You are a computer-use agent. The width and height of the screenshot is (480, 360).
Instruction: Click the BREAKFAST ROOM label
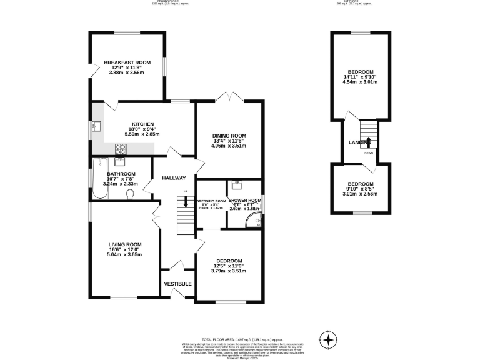(x=127, y=62)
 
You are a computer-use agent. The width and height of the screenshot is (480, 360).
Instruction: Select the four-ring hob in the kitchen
(x=121, y=148)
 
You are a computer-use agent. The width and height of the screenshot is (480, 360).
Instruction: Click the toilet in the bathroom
(x=130, y=195)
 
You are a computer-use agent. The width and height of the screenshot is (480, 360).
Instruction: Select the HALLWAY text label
(x=174, y=178)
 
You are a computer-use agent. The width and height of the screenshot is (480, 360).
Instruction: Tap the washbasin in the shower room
(x=236, y=184)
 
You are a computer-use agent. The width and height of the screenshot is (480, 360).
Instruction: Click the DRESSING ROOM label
(x=211, y=202)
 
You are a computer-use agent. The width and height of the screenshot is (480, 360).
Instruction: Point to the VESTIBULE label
(x=177, y=284)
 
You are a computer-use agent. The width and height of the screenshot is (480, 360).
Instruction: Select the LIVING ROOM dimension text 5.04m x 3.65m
(x=125, y=255)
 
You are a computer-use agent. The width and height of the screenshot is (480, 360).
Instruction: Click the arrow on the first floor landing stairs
(x=369, y=142)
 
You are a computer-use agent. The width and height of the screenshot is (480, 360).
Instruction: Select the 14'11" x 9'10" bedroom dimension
(x=361, y=76)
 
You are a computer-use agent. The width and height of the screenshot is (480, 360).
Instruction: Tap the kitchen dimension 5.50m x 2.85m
(x=142, y=134)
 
